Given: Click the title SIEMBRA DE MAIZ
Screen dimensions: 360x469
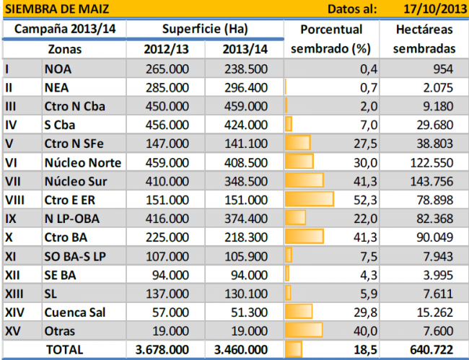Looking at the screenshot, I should tap(50, 9).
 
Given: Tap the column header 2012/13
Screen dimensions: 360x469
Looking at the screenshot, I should tap(168, 50).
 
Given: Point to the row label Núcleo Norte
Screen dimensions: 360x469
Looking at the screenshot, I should tap(83, 161).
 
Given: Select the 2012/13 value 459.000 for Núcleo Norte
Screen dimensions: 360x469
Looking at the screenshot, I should tap(168, 161).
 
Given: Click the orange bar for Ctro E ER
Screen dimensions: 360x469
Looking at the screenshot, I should tap(310, 198).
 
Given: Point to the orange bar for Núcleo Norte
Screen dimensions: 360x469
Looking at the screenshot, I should tap(299, 161).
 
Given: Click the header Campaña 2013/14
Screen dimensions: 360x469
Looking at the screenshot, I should tap(64, 30).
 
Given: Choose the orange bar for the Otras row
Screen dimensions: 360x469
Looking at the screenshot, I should tap(303, 330).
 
